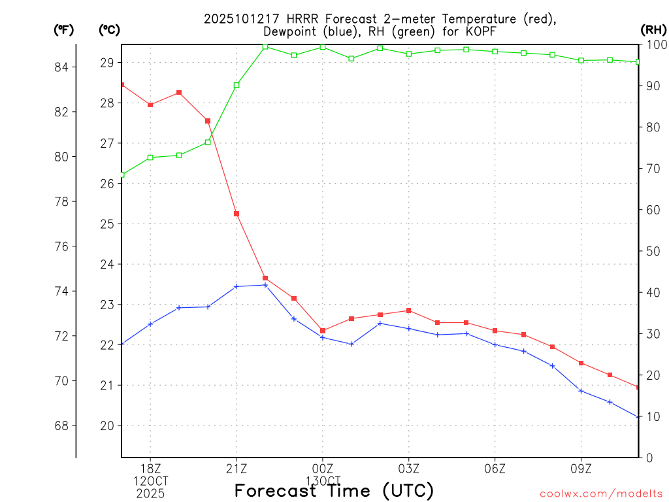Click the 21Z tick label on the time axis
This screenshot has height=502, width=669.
click(237, 469)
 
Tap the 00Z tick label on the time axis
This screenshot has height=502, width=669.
click(323, 469)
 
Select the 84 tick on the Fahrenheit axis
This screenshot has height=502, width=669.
click(65, 67)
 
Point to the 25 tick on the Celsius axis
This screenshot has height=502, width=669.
click(107, 224)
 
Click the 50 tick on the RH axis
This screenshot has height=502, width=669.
click(653, 251)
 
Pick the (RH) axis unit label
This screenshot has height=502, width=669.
click(653, 29)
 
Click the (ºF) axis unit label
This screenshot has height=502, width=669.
click(64, 29)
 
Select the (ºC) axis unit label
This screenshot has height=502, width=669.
click(109, 29)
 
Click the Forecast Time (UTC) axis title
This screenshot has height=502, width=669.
click(334, 490)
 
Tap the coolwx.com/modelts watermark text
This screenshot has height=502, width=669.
click(601, 494)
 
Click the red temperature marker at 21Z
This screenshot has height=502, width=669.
click(237, 214)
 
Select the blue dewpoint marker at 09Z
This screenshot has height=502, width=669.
click(581, 391)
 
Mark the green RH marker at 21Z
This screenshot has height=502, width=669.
click(237, 85)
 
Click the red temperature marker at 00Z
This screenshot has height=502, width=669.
click(323, 331)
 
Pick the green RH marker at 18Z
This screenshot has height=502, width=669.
click(150, 158)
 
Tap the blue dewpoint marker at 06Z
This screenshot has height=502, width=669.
click(495, 344)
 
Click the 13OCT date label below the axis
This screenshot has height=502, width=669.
click(323, 481)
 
